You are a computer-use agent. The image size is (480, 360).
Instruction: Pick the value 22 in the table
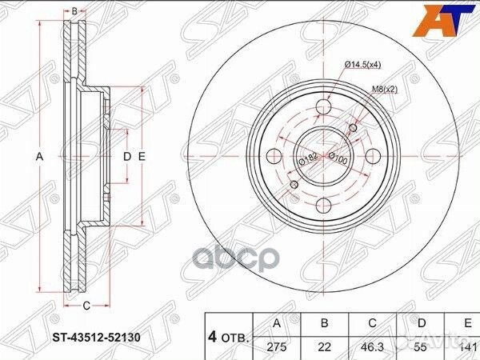point(325,346)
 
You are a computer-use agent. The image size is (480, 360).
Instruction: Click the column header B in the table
point(325,324)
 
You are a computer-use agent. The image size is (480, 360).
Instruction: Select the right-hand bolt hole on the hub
point(372,155)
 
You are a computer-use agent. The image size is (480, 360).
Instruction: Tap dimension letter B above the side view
point(74,11)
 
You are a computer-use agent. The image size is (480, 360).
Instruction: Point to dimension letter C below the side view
point(85,304)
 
